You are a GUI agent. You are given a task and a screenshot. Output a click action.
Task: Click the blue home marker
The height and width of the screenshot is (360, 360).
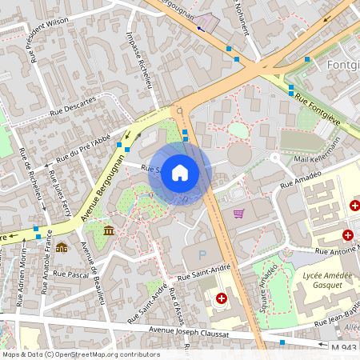tap(180, 173)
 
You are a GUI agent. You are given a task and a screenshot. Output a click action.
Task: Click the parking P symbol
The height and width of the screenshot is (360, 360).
tap(202, 255)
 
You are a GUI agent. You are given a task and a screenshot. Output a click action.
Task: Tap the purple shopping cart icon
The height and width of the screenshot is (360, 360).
tap(238, 213)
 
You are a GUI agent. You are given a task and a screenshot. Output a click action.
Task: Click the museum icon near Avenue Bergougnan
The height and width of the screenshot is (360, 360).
tap(109, 230)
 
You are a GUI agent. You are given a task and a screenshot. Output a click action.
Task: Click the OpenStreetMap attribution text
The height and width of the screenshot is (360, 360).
tap(80, 354)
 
